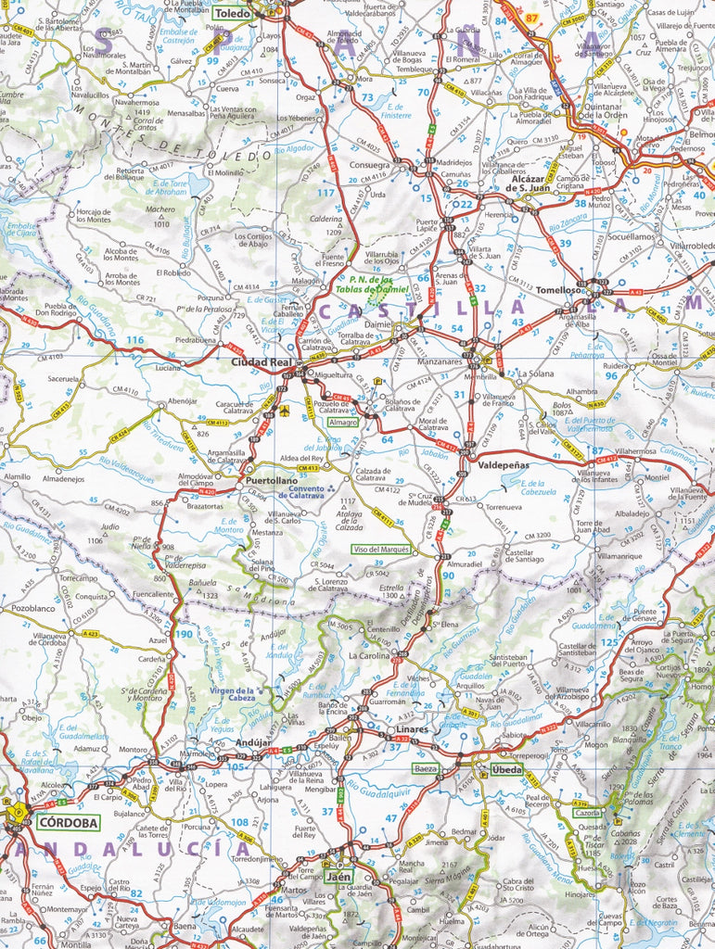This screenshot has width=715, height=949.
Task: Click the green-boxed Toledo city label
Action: pos(233,14)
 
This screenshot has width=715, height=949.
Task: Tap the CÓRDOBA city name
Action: pos(66,821)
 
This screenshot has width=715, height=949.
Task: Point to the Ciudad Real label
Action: pos(262,361)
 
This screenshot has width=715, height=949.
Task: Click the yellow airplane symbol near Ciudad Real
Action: pos(285,410)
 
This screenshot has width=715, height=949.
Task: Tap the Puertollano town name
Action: pos(272,481)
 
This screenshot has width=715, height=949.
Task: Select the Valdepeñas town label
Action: pos(502,467)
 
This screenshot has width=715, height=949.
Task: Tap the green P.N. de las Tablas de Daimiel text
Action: pos(372,285)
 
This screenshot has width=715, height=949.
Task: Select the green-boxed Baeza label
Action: pos(427,768)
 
